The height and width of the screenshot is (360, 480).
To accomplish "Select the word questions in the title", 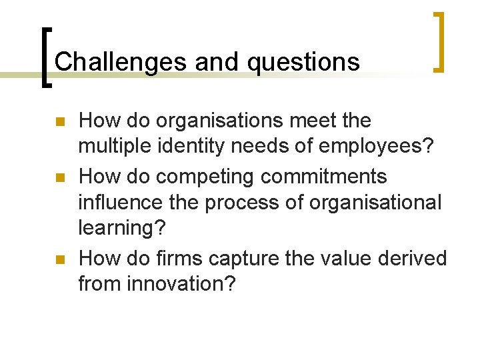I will (x=304, y=62).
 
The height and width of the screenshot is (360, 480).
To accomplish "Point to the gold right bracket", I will (x=439, y=41).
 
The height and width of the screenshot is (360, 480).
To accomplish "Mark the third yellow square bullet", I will (x=59, y=259).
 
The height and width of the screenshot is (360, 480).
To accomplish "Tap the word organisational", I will (x=368, y=202).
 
